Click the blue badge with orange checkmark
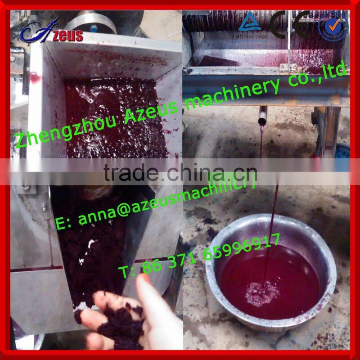click(x=333, y=25)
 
